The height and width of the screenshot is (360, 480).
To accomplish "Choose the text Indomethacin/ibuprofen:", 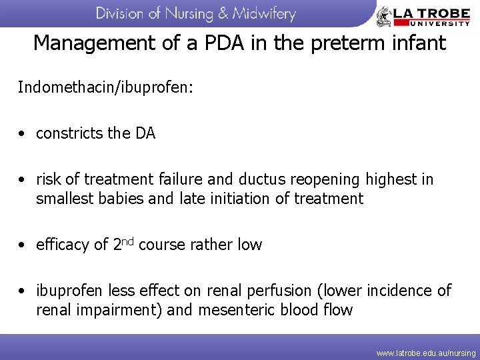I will point(105,87).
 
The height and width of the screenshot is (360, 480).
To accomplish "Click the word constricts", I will point(69,133).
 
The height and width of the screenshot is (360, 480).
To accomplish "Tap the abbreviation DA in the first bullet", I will point(145,133).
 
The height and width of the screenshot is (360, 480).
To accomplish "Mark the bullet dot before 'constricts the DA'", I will point(23,134).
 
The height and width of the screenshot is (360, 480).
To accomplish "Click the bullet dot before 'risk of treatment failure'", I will point(23,180).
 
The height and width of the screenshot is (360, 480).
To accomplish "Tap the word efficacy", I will point(62,245).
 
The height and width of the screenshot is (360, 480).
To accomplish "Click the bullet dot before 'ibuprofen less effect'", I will point(23,291).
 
